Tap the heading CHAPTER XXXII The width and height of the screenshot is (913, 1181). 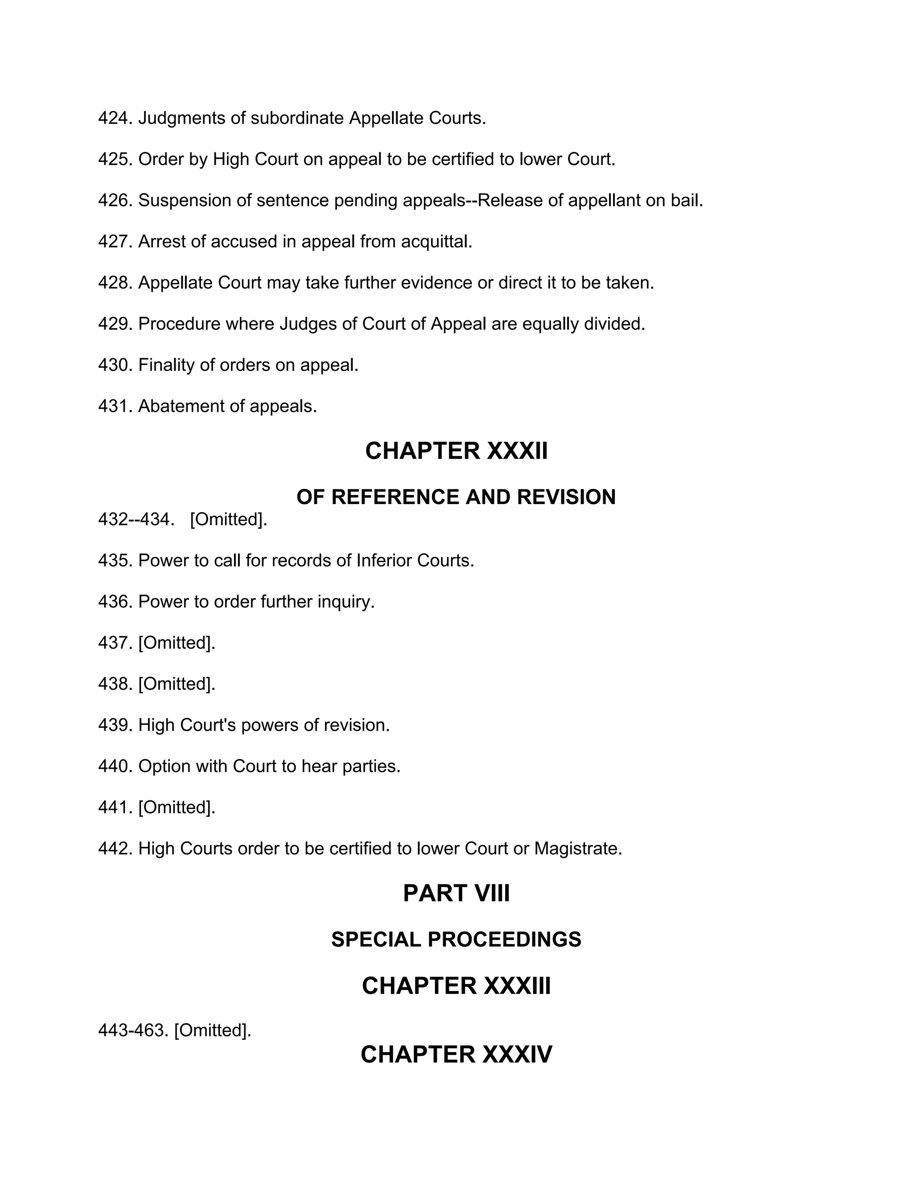456,451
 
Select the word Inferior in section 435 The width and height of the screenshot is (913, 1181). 384,561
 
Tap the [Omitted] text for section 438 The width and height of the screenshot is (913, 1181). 177,684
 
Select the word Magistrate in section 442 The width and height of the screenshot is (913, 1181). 578,849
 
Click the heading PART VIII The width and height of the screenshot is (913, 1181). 456,893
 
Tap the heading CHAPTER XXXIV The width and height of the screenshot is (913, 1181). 456,1054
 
